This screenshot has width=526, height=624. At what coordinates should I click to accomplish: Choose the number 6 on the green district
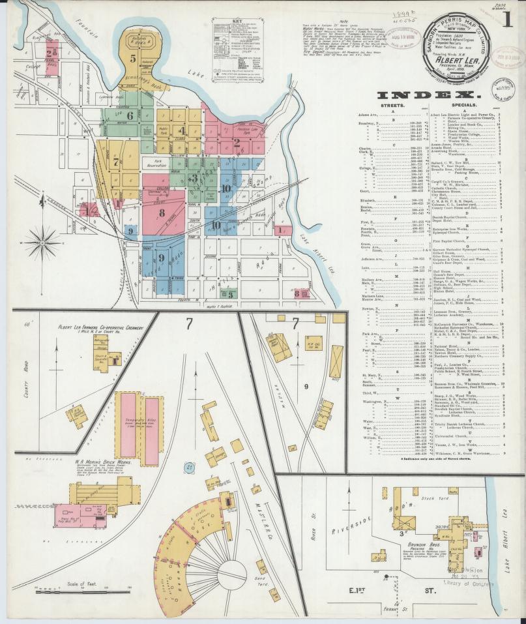tap(130, 116)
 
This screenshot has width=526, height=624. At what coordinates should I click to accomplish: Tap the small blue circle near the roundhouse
tap(188, 467)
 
